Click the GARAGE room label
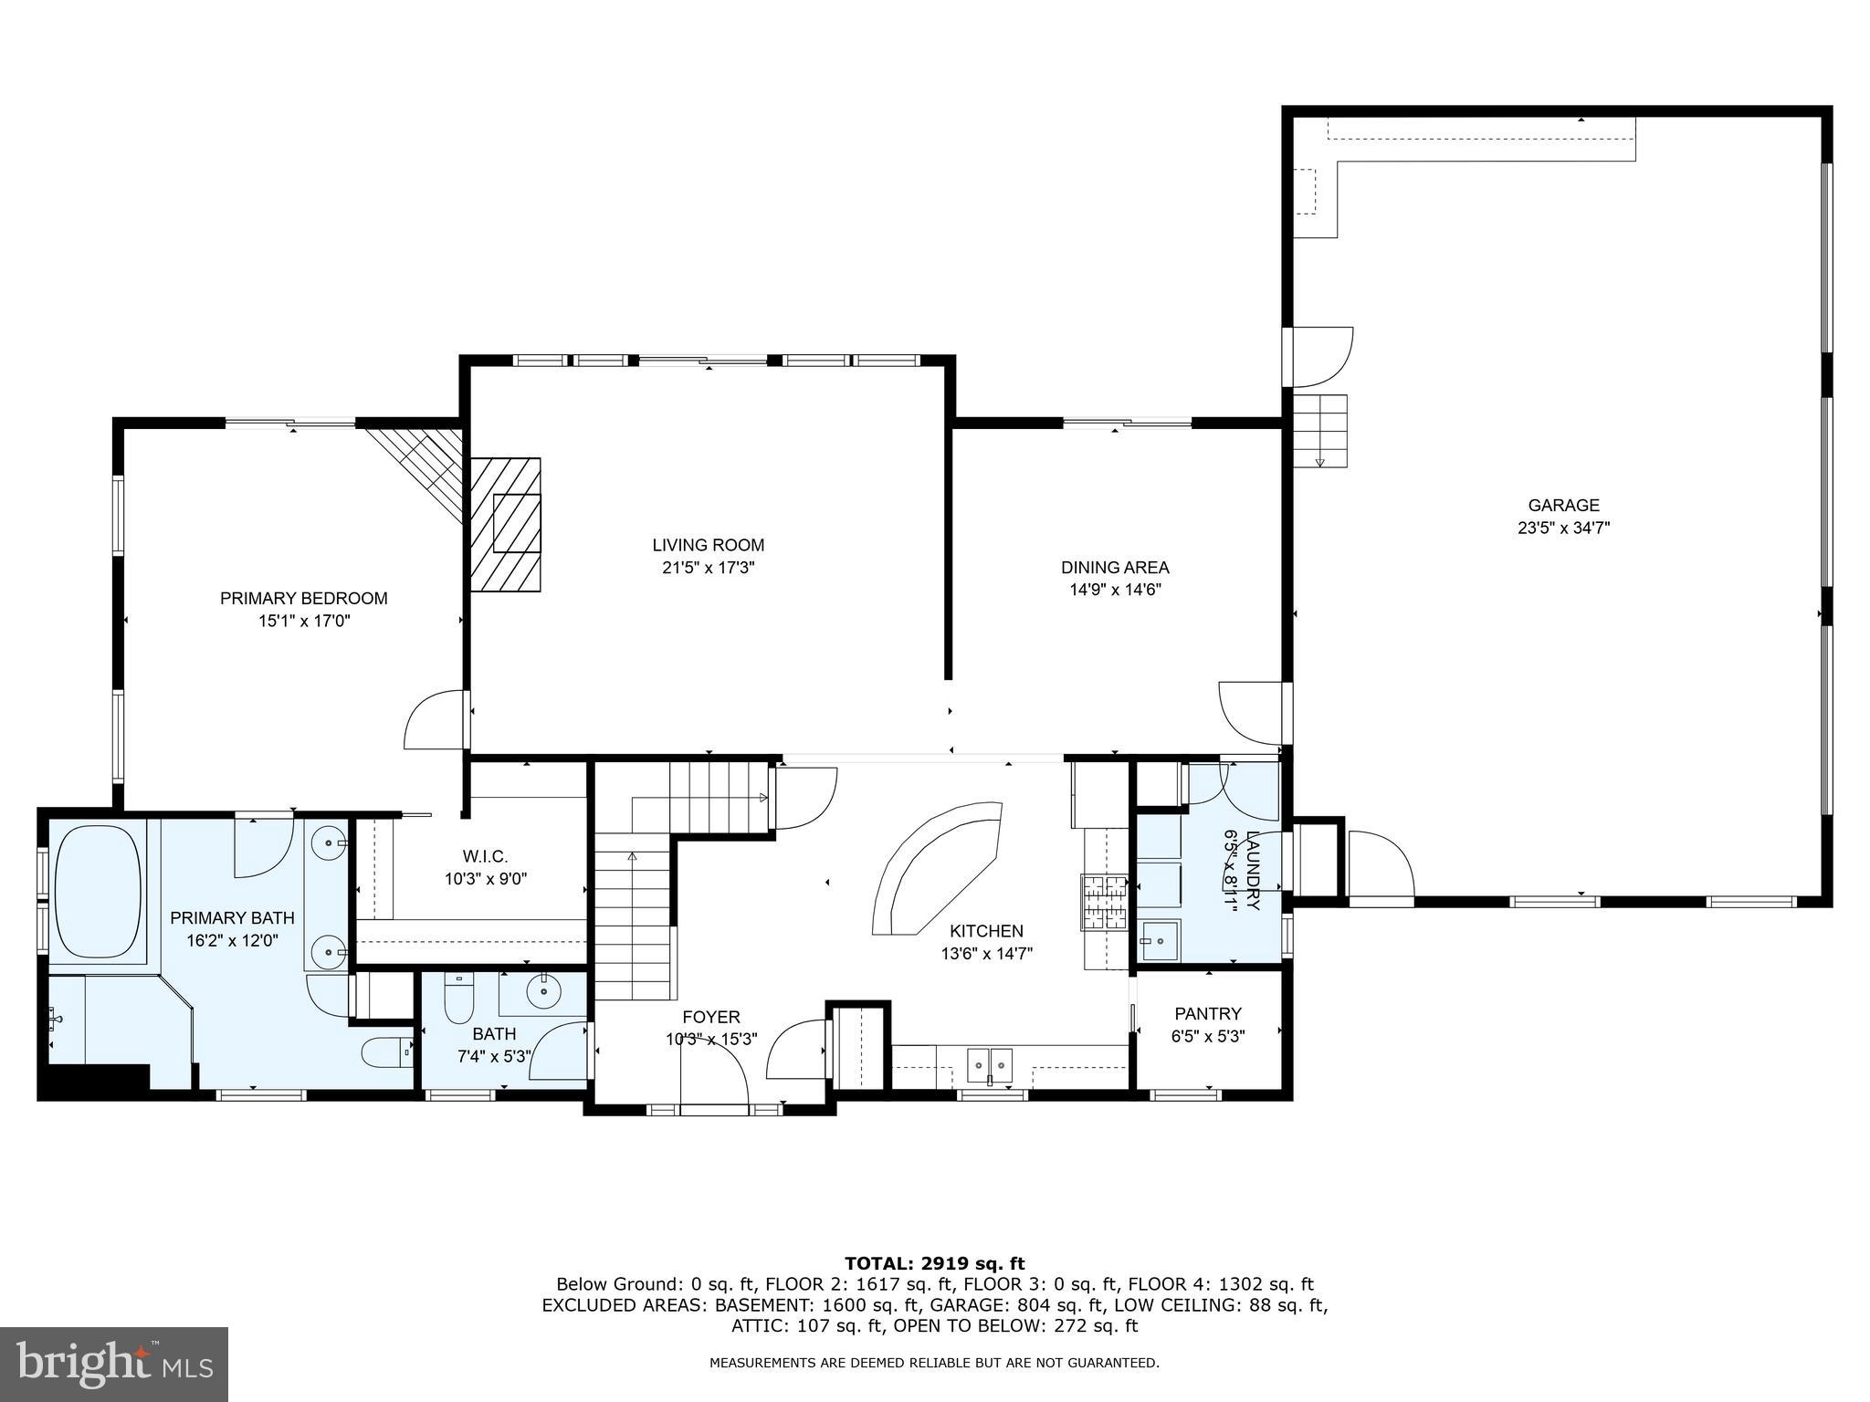(x=1563, y=505)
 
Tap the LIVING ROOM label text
(x=708, y=545)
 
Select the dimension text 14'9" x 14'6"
(x=1115, y=590)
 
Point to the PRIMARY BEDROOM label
(x=304, y=598)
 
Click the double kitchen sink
(x=990, y=1062)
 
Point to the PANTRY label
(x=1208, y=1013)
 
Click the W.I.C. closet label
(x=485, y=856)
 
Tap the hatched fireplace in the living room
(x=505, y=524)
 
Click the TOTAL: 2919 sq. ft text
(x=935, y=1264)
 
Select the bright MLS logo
(x=115, y=1364)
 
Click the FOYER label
(x=710, y=1017)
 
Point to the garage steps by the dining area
(x=1320, y=430)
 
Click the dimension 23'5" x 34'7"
(x=1563, y=528)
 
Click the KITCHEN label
(x=986, y=931)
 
